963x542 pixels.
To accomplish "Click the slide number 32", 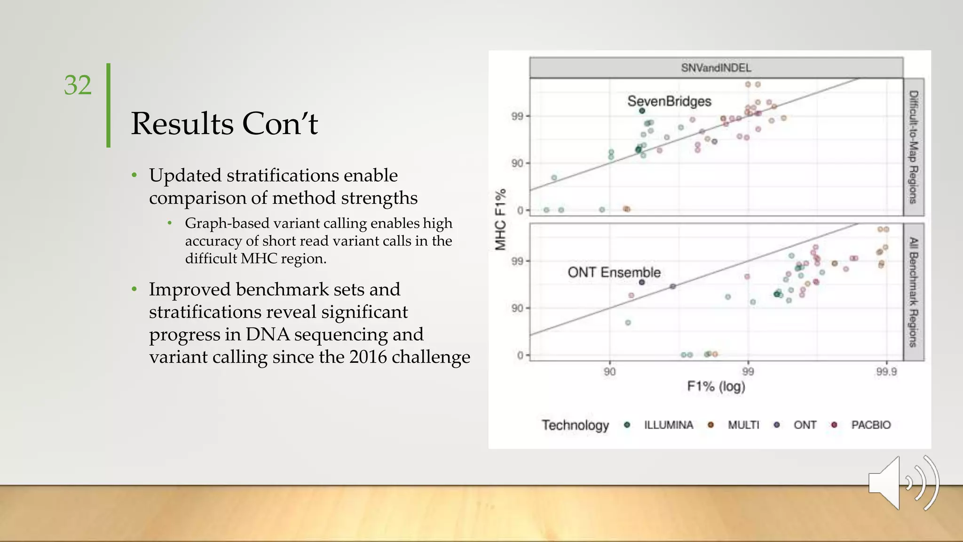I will [78, 85].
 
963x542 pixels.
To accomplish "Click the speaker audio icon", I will [903, 483].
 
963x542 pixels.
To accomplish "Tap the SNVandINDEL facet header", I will [716, 68].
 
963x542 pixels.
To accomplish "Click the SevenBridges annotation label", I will [669, 101].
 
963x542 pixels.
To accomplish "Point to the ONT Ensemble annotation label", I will [614, 272].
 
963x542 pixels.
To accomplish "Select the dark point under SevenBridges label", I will [642, 111].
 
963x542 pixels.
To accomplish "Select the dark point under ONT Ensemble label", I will [642, 282].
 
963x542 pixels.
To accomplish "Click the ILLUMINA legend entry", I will [668, 425].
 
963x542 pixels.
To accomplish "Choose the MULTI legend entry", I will [743, 425].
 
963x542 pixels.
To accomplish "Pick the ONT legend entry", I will [805, 425].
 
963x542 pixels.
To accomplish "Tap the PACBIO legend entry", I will [870, 425].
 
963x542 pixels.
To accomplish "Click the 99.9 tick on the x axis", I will [886, 372].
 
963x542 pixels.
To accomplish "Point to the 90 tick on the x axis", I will [610, 372].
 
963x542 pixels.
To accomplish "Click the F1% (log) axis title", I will [716, 387].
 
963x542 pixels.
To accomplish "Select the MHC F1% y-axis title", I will [500, 219].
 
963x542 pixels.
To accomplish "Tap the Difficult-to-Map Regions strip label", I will [913, 147].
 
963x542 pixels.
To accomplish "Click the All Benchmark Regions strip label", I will [913, 292].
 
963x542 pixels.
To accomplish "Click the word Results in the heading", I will [182, 124].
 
